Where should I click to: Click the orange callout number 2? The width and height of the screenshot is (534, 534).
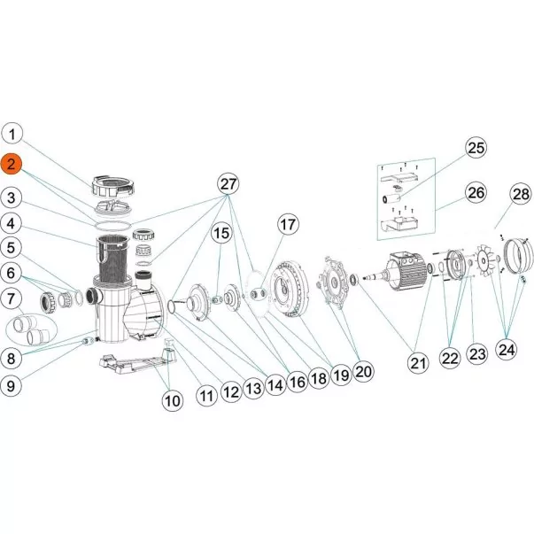[12, 165]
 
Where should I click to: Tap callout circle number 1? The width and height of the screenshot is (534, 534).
[12, 134]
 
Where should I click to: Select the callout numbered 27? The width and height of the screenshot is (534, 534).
[228, 184]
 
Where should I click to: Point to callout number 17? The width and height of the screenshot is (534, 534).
[288, 224]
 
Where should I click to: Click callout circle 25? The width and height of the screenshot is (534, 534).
[476, 148]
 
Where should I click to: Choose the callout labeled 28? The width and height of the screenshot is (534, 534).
[521, 194]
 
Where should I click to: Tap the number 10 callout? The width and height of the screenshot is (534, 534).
[173, 400]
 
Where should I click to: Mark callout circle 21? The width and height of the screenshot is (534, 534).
[418, 363]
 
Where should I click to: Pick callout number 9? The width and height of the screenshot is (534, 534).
[12, 386]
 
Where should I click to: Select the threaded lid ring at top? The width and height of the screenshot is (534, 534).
[112, 187]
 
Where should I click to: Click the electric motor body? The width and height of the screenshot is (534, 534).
[406, 271]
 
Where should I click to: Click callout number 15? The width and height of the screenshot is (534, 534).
[221, 233]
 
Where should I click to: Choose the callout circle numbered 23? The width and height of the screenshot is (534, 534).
[476, 354]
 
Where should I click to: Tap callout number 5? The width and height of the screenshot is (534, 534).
[12, 248]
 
